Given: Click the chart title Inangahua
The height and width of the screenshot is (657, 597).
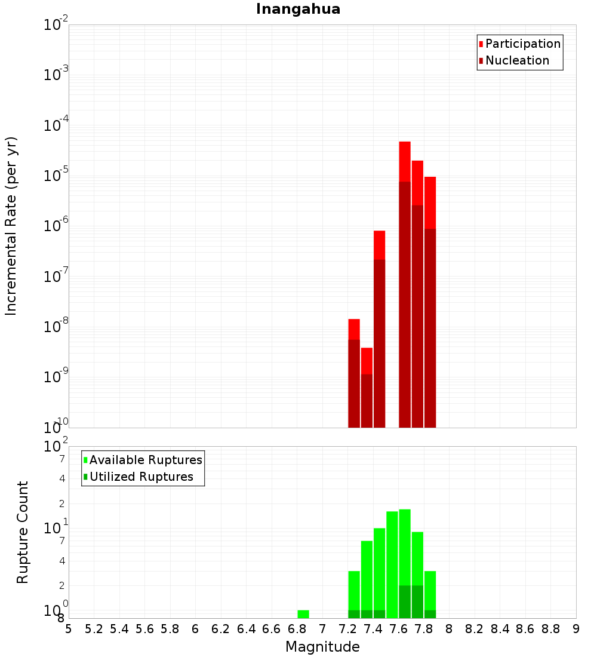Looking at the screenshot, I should (x=298, y=9).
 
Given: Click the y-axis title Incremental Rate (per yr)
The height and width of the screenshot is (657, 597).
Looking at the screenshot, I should (x=11, y=226).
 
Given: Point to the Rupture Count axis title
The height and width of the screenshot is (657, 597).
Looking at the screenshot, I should (x=23, y=532).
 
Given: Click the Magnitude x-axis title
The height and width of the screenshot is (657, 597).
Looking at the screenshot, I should (x=322, y=647).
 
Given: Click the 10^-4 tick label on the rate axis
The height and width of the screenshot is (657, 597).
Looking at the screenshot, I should (x=56, y=125).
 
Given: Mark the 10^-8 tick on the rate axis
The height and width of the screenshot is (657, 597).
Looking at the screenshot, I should (x=56, y=327).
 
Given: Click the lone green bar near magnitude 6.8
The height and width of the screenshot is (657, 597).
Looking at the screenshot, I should (x=303, y=614).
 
